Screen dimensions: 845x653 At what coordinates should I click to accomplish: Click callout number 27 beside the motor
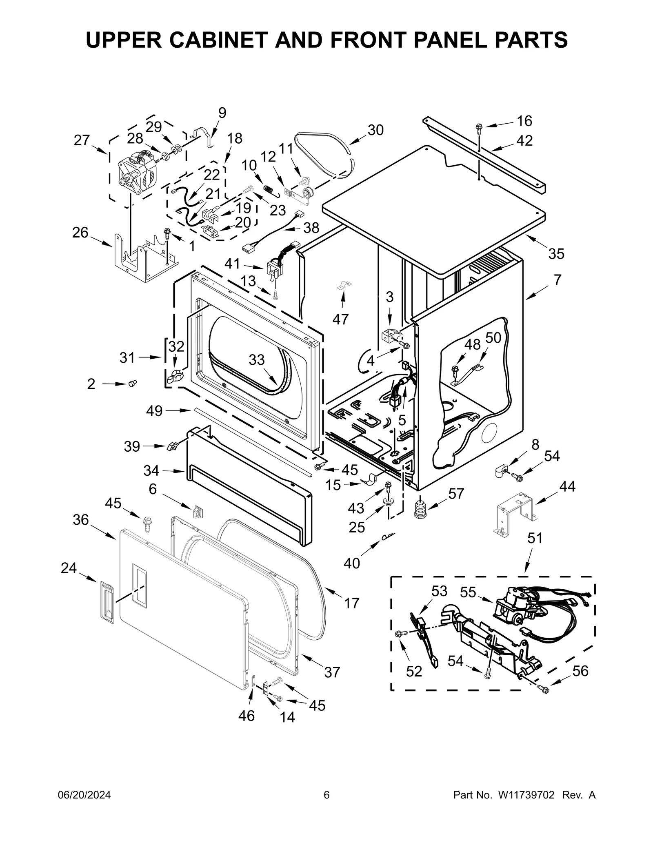82,140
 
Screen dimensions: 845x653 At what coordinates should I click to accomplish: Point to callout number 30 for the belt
375,130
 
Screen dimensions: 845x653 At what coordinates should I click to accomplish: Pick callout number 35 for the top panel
556,253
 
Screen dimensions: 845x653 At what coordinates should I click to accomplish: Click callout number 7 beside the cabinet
557,280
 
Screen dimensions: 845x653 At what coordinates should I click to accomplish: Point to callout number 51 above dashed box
535,538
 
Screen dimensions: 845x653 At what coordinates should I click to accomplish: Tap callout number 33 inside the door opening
257,360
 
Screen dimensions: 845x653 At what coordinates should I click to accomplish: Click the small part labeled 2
132,383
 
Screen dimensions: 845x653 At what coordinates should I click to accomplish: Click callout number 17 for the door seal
352,603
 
